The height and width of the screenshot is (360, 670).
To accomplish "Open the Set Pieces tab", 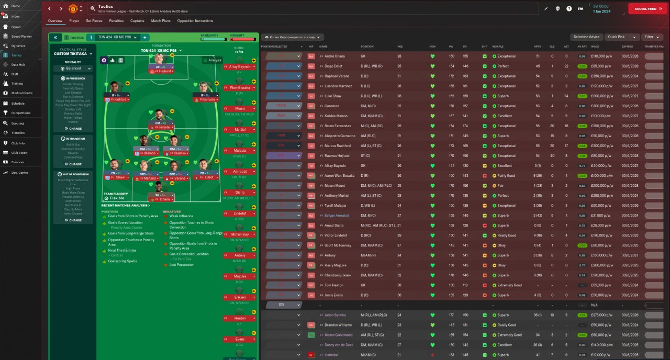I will tap(94, 21).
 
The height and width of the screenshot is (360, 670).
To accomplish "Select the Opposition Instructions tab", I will tap(195, 21).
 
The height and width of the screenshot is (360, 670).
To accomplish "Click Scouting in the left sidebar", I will tap(18, 123).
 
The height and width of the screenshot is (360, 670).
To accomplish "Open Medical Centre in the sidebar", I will tap(22, 93).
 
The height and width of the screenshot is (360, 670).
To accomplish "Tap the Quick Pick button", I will tap(617, 37).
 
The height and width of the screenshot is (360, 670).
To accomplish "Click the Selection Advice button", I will tap(586, 37).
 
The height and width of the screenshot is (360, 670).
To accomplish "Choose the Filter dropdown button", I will tap(651, 37).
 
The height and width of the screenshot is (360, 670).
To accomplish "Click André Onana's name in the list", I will tap(333, 56).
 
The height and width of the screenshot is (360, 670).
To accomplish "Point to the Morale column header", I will tap(499, 47).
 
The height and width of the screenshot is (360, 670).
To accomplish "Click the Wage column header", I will tap(595, 47).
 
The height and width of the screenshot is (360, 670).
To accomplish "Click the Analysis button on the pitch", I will tap(212, 60).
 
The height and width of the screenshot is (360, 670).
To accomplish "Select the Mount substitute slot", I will tap(239, 109).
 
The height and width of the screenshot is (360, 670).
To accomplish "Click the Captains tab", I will tap(137, 21).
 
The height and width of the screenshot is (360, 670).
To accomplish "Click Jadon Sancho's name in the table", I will tap(335, 315).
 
